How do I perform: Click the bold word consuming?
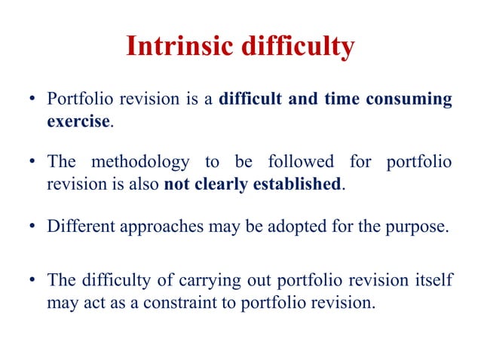pos(411,100)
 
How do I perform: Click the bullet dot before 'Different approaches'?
pos(33,226)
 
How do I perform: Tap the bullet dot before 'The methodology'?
pos(33,163)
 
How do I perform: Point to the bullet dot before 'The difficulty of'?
pos(33,280)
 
